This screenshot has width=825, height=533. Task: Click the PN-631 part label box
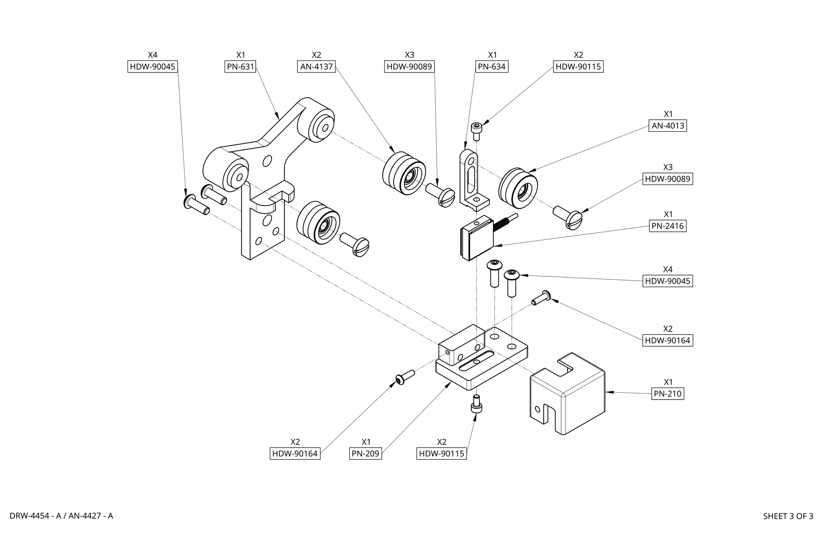pos(241,67)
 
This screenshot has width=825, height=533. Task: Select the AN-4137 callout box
pos(316,67)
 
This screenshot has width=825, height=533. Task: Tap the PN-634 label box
pos(492,67)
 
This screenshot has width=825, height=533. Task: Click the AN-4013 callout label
pos(667,126)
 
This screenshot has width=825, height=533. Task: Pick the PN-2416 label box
pos(667,226)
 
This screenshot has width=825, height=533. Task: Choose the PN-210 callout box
pos(667,394)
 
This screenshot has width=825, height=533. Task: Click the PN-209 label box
pos(366,454)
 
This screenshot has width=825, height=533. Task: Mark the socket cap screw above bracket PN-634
pos(476,131)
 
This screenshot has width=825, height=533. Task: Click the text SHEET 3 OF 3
pos(788,516)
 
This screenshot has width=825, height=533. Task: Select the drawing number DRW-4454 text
pos(32,516)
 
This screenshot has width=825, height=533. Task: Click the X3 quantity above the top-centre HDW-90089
pos(409,55)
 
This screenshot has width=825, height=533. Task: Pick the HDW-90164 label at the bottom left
pos(295,454)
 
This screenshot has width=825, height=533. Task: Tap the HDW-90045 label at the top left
pos(153,67)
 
